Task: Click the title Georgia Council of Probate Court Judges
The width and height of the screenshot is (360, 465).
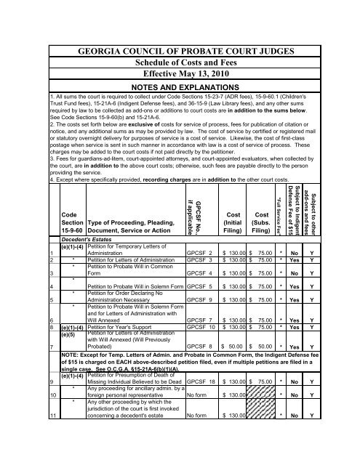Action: click(180, 52)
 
